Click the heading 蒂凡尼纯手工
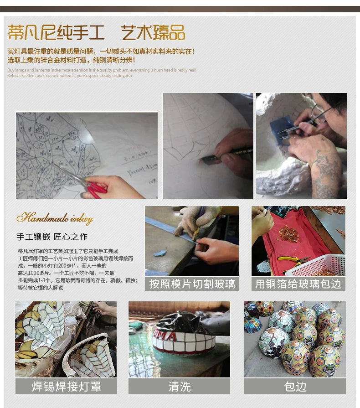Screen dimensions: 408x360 click(x=56, y=33)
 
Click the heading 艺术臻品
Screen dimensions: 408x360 click(x=153, y=33)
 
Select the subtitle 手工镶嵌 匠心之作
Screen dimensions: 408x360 click(x=52, y=237)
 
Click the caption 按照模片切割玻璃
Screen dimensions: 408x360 click(x=192, y=284)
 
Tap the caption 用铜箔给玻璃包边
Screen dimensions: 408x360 click(x=298, y=284)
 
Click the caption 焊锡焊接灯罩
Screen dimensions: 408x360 click(x=66, y=387)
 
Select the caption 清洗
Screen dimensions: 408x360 click(x=179, y=387)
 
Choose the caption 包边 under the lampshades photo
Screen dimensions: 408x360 click(x=295, y=387)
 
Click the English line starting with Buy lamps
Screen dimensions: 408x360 click(x=102, y=70)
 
